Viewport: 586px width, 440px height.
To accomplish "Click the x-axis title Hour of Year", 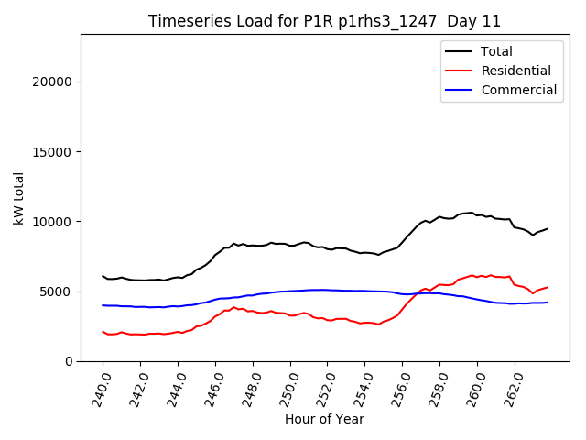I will point(324,419).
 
